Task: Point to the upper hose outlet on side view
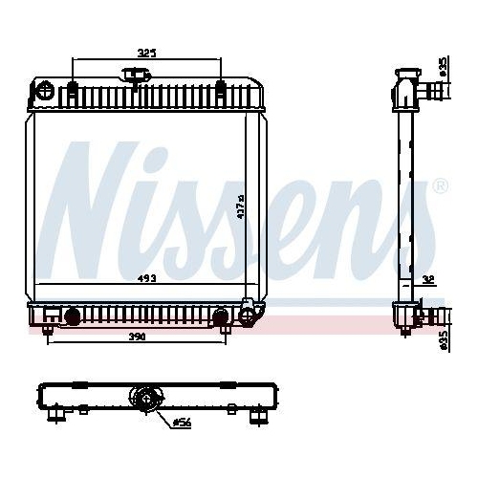435,93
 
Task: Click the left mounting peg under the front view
47,331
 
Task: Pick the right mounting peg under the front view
225,331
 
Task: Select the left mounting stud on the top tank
73,92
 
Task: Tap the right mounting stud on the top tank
222,92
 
